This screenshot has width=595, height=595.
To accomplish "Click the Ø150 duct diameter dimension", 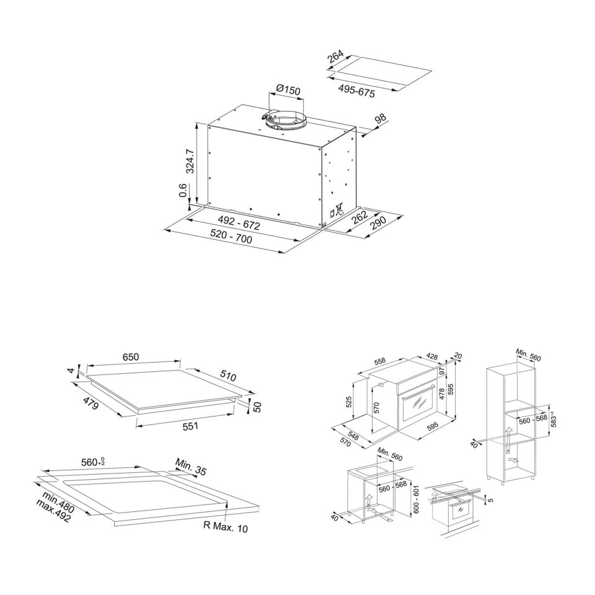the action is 288,90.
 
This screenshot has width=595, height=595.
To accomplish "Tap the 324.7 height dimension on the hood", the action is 191,162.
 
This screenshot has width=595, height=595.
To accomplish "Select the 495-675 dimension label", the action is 356,91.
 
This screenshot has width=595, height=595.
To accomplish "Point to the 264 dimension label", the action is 336,56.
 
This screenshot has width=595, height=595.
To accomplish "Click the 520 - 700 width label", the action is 231,237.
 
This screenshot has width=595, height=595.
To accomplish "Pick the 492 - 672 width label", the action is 238,223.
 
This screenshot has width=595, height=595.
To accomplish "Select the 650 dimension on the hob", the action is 131,357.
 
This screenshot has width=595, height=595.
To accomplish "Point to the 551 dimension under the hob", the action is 190,426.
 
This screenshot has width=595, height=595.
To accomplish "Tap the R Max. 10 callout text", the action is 226,526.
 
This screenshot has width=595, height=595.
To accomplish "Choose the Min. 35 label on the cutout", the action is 190,467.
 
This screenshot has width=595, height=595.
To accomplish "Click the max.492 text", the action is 53,511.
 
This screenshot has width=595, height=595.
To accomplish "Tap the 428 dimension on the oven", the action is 431,356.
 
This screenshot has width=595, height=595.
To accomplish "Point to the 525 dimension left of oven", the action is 349,402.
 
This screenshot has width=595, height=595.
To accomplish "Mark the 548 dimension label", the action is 353,436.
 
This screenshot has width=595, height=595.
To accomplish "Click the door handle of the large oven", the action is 416,397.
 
